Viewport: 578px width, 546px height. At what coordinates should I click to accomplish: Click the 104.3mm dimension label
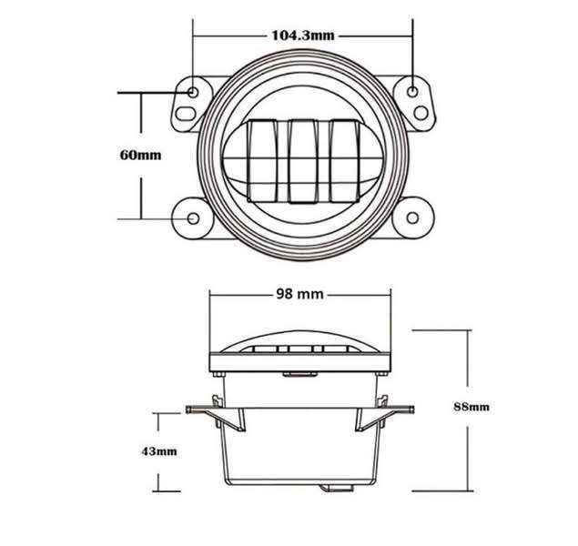click(304, 36)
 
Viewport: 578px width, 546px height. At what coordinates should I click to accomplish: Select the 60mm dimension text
click(140, 154)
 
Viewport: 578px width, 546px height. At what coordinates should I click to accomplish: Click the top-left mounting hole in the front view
click(195, 92)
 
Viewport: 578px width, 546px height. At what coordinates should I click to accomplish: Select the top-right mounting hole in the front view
click(413, 92)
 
